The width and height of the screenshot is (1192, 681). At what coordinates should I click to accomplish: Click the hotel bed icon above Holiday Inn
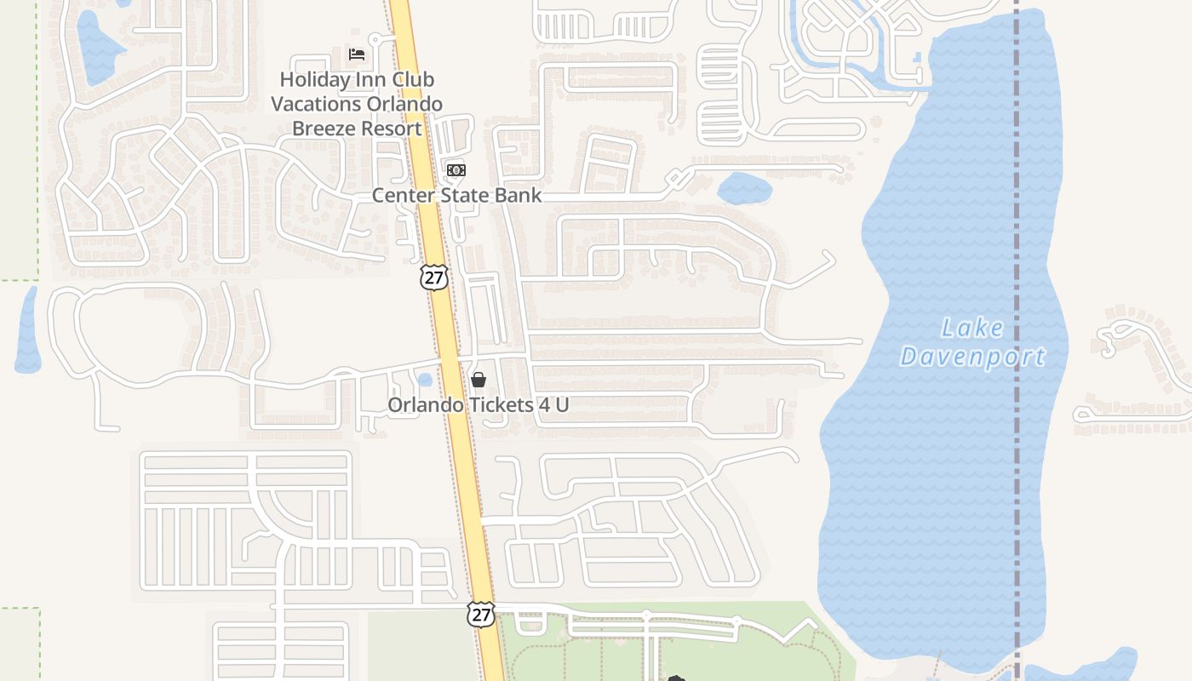coord(357,54)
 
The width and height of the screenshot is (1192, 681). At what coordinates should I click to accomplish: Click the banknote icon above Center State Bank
coord(456,170)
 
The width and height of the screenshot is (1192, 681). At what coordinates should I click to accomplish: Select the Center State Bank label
coord(456,195)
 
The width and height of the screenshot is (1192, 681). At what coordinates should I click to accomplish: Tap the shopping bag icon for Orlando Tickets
coord(479,380)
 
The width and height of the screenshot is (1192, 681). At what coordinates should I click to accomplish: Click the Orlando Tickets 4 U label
coord(478,404)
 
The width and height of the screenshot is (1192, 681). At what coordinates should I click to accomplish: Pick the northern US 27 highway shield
coord(434,277)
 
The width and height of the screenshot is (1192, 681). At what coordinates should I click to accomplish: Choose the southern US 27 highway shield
coord(481,614)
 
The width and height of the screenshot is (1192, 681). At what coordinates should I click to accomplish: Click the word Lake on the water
coord(972,328)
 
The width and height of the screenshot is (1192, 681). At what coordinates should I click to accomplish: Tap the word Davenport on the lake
coord(972,357)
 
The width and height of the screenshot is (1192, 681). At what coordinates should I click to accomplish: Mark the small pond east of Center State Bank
coord(744,188)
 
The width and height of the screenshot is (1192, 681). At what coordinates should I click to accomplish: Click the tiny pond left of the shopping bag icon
coord(425,380)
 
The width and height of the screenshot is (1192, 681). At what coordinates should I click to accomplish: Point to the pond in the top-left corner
coord(99,47)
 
